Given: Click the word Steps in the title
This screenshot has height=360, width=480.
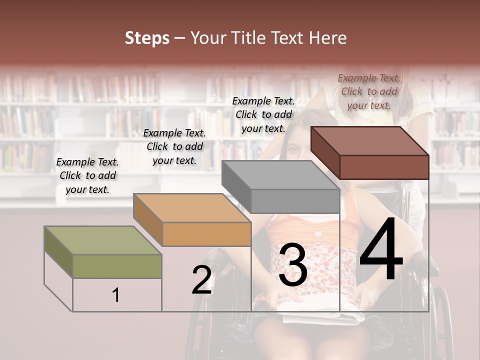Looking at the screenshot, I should click(146, 38).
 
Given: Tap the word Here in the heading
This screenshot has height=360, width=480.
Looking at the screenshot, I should click(327, 38).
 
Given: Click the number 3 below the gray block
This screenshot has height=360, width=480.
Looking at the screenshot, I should click(293, 265).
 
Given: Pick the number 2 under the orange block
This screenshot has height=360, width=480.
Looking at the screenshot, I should click(201, 280).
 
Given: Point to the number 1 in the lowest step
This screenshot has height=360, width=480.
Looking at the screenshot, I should click(116, 295).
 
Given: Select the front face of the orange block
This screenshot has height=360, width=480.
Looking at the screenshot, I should click(206, 234).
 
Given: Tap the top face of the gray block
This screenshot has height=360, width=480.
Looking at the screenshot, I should click(280, 175).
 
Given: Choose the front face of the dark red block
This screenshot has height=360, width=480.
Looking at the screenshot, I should click(384, 167).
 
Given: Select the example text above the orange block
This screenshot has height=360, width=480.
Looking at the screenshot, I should click(174, 146).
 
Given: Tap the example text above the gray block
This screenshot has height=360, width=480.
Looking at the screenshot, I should click(263, 114).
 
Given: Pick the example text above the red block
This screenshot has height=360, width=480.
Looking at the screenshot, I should click(369, 91).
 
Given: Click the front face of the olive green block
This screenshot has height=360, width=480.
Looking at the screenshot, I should click(117, 266).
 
